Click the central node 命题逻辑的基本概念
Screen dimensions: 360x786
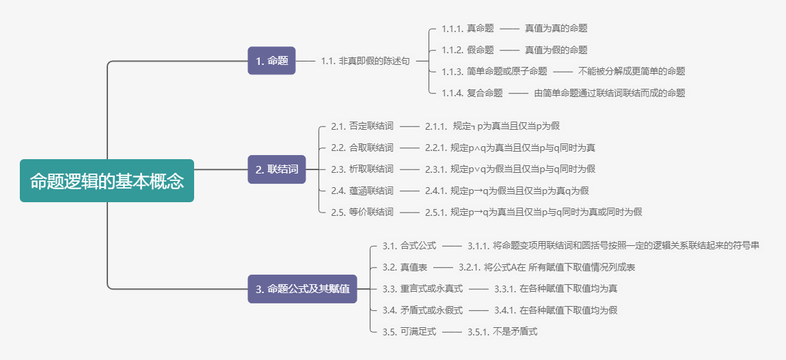pyautogui.click(x=107, y=181)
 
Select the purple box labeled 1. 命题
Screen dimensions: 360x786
pyautogui.click(x=271, y=61)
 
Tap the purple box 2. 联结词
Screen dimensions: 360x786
pyautogui.click(x=276, y=169)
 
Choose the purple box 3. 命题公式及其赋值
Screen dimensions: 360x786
pyautogui.click(x=302, y=290)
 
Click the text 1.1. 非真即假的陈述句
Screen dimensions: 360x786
pyautogui.click(x=365, y=61)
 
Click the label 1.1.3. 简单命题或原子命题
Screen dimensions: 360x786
pyautogui.click(x=494, y=71)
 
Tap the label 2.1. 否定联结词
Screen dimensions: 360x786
pyautogui.click(x=362, y=126)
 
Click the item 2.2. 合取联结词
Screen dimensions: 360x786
pyautogui.click(x=362, y=148)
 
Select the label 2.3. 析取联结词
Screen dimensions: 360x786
pyautogui.click(x=362, y=169)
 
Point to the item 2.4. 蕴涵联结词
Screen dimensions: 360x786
pyautogui.click(x=362, y=191)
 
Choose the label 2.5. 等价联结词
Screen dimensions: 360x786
pyautogui.click(x=362, y=212)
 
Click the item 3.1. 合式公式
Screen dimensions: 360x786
pyautogui.click(x=409, y=245)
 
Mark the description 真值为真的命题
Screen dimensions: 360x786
pyautogui.click(x=556, y=29)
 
